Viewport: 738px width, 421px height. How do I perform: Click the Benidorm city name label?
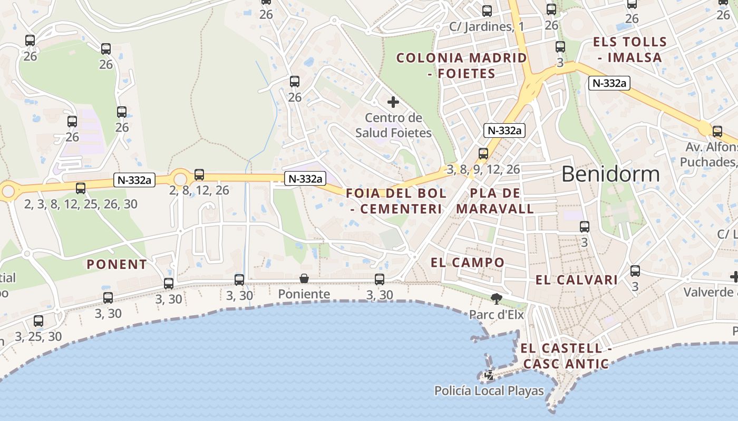point(610,174)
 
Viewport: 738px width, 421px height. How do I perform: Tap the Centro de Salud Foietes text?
point(393,125)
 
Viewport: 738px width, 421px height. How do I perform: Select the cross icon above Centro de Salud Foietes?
point(393,102)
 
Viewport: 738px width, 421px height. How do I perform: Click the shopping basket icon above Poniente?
point(304,278)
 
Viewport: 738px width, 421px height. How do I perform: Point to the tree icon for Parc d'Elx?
point(496,299)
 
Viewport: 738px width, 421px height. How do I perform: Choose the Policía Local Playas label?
point(489,390)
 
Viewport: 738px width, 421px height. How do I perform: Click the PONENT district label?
point(117,264)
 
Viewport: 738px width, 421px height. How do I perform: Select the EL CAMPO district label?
point(468,262)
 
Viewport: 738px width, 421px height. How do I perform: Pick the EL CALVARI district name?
point(576,280)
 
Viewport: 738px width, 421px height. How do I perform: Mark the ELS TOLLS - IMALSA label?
point(630,49)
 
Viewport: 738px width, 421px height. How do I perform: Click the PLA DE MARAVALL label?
point(495,201)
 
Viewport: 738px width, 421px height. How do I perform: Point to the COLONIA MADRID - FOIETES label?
point(462,65)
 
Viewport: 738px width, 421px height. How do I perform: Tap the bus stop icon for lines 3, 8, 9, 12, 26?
point(483,154)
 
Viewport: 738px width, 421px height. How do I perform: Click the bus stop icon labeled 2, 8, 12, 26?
point(199,175)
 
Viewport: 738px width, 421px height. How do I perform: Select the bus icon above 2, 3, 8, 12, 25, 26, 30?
point(81,188)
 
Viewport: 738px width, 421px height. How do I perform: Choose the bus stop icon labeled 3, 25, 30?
point(38,320)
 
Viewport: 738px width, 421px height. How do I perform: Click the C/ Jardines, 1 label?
point(487,26)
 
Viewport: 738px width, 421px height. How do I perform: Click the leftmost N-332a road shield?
point(134,181)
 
